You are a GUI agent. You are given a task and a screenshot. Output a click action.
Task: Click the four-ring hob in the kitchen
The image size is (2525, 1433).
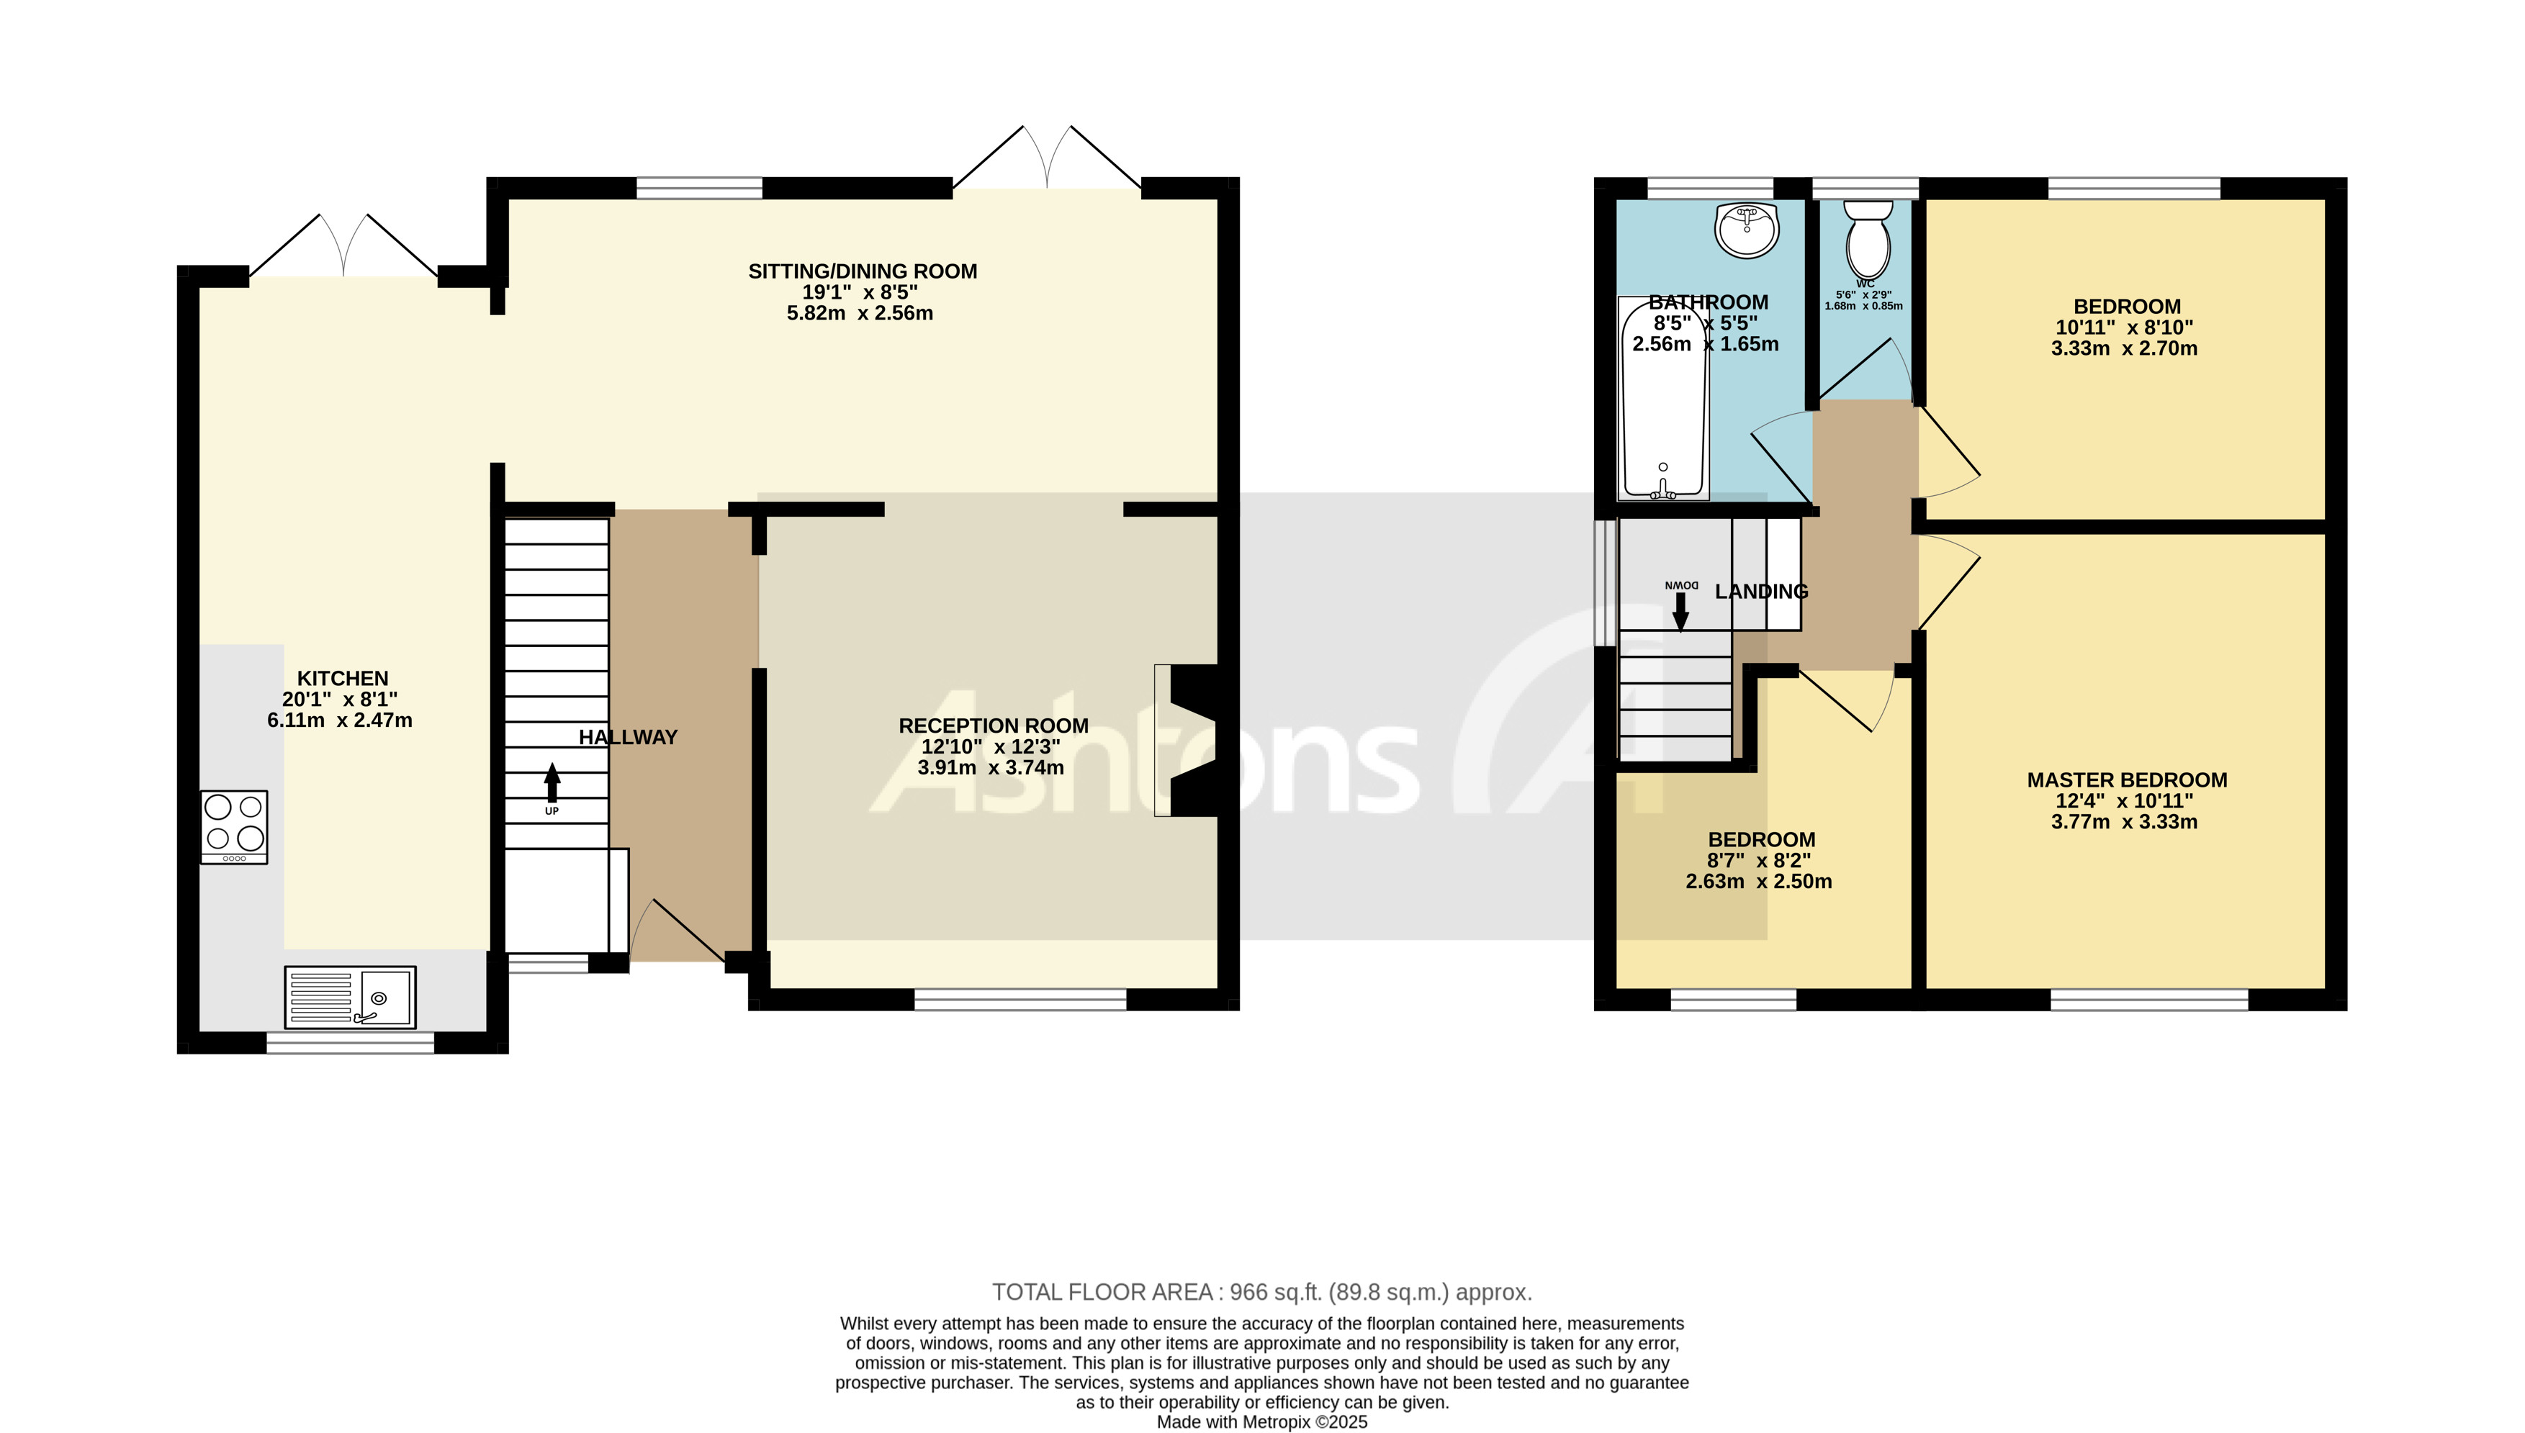pyautogui.click(x=234, y=827)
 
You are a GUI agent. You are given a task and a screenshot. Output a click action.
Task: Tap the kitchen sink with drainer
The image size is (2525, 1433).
pyautogui.click(x=349, y=996)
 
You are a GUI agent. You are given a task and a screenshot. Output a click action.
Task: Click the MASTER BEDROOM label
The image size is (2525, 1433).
pyautogui.click(x=2126, y=780)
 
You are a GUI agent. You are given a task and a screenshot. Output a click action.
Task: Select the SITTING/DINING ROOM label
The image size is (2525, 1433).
pyautogui.click(x=863, y=271)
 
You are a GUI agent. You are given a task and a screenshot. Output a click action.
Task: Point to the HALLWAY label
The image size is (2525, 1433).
pyautogui.click(x=628, y=737)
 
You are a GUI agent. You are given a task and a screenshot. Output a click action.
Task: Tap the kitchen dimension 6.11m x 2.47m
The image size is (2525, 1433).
pyautogui.click(x=340, y=720)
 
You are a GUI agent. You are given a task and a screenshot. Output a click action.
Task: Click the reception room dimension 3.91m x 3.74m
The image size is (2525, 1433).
pyautogui.click(x=990, y=768)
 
